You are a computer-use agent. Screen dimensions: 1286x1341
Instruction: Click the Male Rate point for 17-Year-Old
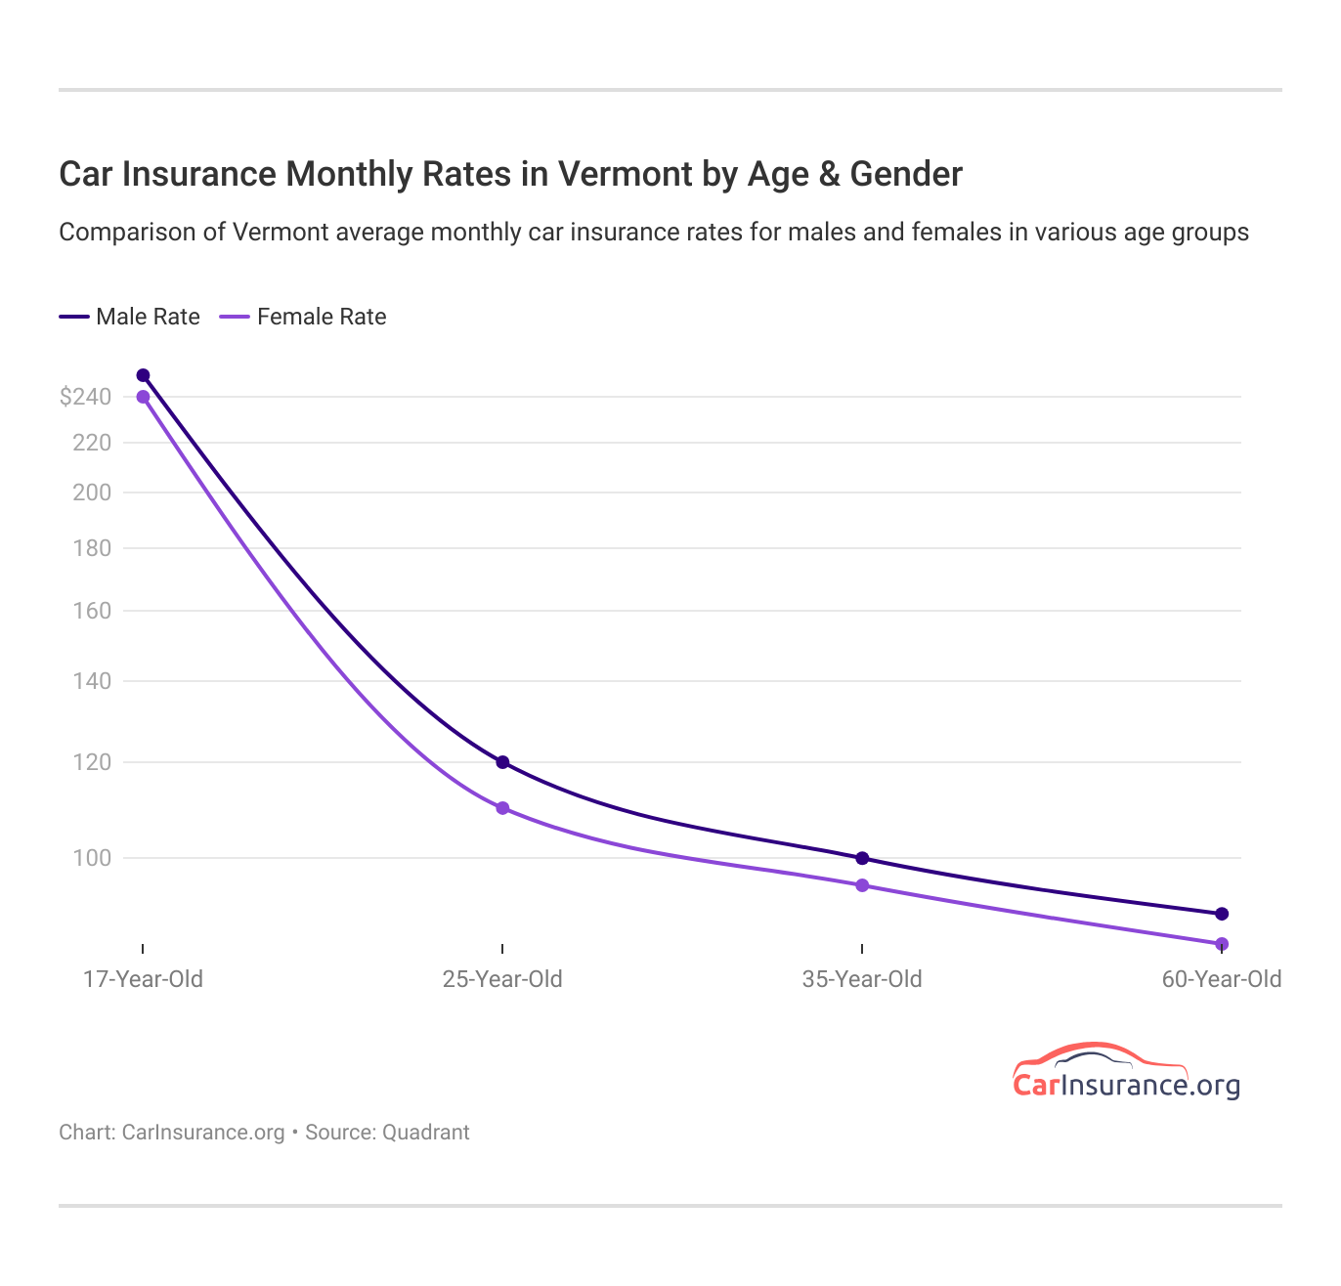143,375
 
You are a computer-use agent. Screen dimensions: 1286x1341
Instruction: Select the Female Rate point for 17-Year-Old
143,397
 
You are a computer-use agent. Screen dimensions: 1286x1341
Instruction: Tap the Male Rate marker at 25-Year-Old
502,762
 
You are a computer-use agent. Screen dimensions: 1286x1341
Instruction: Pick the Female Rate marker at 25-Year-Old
502,808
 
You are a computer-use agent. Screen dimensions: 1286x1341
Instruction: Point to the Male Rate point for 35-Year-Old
862,858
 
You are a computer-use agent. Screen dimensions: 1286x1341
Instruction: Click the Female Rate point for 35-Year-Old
862,885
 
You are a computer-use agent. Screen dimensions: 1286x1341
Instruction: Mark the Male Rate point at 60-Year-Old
1222,914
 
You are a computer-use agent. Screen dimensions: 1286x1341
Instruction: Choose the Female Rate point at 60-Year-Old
1222,944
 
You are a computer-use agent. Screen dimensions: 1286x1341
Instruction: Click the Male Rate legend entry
130,317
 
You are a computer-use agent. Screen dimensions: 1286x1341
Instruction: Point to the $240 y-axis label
85,397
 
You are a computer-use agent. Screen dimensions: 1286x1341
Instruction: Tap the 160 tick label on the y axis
92,611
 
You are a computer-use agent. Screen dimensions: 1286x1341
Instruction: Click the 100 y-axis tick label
92,858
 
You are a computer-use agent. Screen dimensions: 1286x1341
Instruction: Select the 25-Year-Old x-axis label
502,979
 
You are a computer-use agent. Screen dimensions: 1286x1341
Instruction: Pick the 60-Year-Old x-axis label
1221,979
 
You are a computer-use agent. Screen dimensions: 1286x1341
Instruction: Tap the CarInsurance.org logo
1126,1072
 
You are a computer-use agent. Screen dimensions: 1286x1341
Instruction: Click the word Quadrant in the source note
425,1133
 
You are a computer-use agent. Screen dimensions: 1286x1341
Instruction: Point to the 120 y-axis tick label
92,762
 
